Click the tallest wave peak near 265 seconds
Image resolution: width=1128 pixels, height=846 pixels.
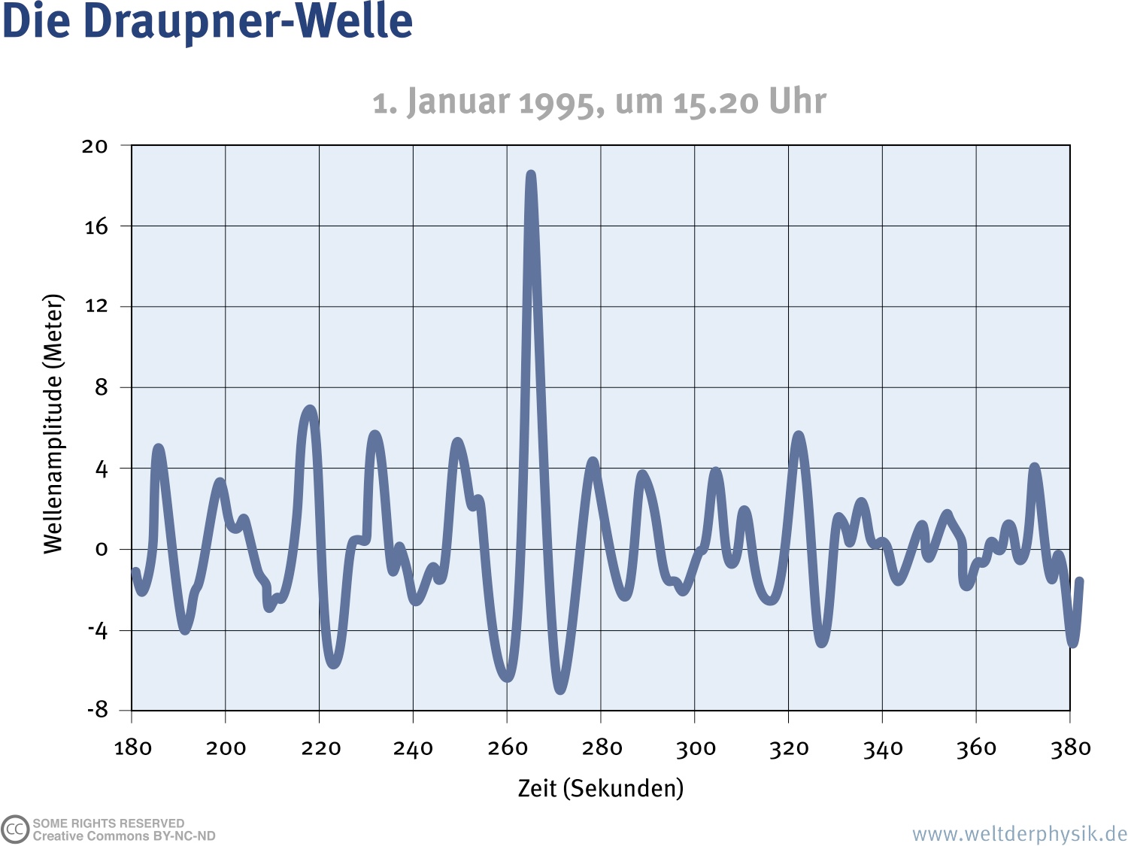(x=531, y=176)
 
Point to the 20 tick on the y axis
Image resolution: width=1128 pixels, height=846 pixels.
(x=95, y=146)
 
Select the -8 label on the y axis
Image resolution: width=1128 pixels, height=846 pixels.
(x=97, y=709)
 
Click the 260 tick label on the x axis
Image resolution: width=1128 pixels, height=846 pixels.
(x=508, y=747)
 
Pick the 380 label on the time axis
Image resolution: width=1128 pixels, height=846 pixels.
(x=1070, y=747)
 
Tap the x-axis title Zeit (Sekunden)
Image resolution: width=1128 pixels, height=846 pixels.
(x=600, y=788)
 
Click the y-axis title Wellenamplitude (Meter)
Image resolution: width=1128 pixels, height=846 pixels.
(x=53, y=424)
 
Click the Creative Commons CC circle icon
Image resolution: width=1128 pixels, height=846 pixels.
(x=15, y=829)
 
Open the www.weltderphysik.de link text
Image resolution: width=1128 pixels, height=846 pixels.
(x=1019, y=834)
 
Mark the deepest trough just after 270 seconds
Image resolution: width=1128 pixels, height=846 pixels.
(x=560, y=688)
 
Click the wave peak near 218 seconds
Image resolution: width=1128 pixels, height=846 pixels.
(x=310, y=411)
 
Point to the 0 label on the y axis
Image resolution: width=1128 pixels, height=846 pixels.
(x=102, y=550)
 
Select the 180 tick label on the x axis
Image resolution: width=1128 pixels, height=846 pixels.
(x=132, y=747)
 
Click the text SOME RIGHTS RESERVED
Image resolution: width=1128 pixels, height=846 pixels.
(x=108, y=823)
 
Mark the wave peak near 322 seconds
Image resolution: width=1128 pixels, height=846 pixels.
(x=798, y=436)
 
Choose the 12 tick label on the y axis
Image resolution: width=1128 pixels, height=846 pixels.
(x=96, y=306)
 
